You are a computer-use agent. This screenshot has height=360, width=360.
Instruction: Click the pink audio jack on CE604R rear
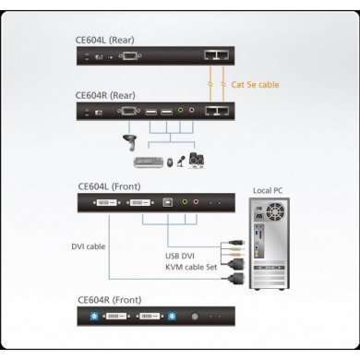click(x=192, y=112)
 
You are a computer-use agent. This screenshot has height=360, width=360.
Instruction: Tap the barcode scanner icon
click(x=128, y=142)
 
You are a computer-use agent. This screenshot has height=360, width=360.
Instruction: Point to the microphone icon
click(x=180, y=160)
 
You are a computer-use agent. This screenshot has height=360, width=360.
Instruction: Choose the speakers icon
click(x=197, y=159)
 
